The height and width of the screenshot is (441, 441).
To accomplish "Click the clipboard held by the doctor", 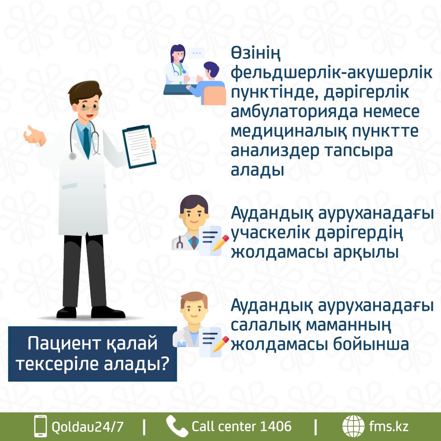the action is pyautogui.click(x=139, y=146).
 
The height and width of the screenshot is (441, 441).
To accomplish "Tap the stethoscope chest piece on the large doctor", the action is pyautogui.click(x=73, y=156).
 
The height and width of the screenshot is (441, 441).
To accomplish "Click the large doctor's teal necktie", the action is pyautogui.click(x=86, y=143).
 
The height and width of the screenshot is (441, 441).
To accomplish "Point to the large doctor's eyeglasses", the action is pyautogui.click(x=90, y=107).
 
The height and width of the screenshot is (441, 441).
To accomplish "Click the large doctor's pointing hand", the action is pyautogui.click(x=34, y=136).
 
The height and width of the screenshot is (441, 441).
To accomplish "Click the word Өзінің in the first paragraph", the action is pyautogui.click(x=256, y=54).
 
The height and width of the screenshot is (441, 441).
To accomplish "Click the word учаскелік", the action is pyautogui.click(x=271, y=233).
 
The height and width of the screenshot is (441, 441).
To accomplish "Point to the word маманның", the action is pyautogui.click(x=348, y=325).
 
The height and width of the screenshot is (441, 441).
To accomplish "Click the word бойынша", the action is pyautogui.click(x=371, y=344).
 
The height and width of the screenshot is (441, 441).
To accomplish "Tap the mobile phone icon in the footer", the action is pyautogui.click(x=40, y=426).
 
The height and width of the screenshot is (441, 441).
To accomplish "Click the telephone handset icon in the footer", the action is pyautogui.click(x=177, y=426).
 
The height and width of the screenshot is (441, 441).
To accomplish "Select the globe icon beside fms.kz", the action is pyautogui.click(x=353, y=426).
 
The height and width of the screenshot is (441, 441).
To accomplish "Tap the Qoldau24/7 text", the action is pyautogui.click(x=87, y=427).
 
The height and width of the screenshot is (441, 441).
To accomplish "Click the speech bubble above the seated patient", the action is pyautogui.click(x=196, y=53).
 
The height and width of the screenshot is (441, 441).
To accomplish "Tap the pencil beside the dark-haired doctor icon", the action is pyautogui.click(x=220, y=243).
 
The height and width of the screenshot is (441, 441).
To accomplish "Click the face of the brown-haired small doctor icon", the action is pyautogui.click(x=194, y=310).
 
